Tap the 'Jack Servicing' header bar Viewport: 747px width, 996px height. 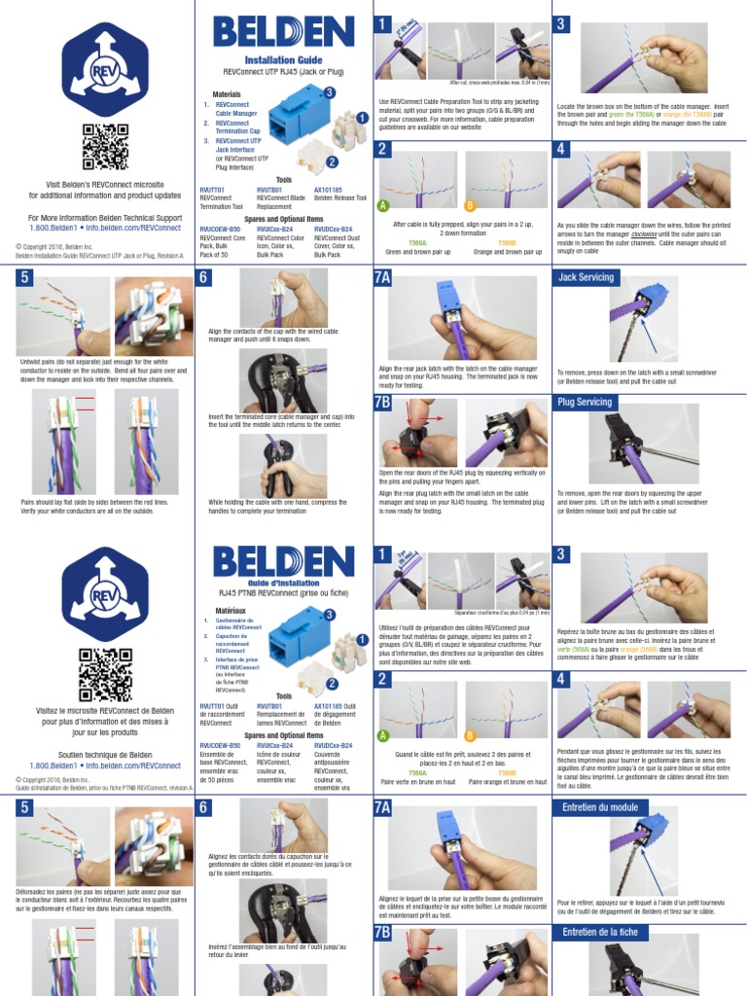pos(587,277)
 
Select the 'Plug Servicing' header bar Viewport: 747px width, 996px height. pos(587,402)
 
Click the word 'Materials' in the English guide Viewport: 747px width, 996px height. pos(227,93)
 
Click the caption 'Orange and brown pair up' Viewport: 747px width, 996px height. pos(507,251)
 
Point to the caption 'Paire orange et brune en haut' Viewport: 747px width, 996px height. pos(507,781)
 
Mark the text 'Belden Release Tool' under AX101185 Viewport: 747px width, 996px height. pos(340,197)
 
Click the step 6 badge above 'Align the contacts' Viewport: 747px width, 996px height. pos(204,277)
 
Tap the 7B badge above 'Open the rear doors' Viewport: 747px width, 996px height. pos(382,402)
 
